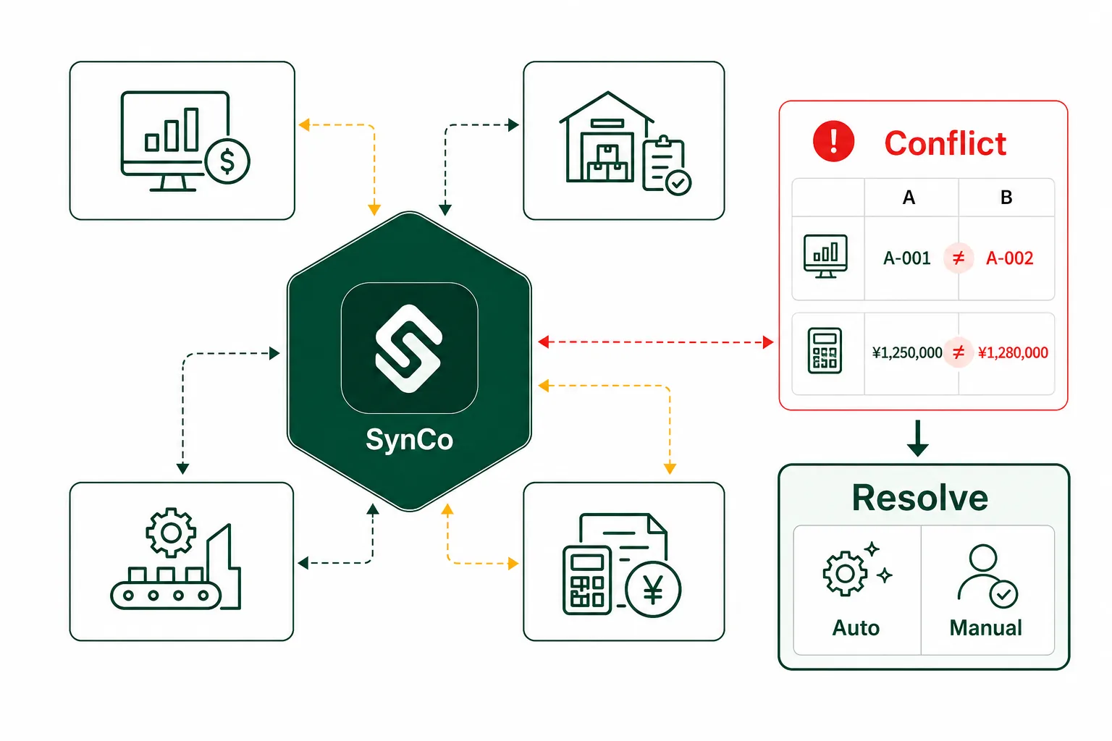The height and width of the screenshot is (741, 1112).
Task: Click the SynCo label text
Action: tap(410, 440)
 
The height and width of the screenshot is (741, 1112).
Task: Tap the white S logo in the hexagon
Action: tap(409, 349)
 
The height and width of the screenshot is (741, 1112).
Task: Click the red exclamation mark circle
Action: tap(833, 141)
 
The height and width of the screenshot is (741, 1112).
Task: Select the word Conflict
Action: tap(945, 143)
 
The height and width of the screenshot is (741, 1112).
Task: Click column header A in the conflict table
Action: tap(909, 198)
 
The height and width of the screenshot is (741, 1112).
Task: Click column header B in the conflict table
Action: tap(1006, 198)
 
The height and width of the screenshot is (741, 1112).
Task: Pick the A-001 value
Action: tap(907, 258)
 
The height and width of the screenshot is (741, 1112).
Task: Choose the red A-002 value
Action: tap(1010, 258)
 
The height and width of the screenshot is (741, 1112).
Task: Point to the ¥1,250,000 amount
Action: tap(907, 352)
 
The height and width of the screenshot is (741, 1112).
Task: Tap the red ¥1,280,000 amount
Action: tap(1013, 352)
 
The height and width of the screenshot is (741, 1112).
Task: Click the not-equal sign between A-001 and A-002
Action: tap(959, 258)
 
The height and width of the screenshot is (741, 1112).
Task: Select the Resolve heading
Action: tap(920, 497)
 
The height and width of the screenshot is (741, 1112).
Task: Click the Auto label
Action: tap(856, 628)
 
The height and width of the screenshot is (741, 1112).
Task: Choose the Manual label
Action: tap(986, 628)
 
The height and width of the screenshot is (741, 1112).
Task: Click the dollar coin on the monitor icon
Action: tap(227, 161)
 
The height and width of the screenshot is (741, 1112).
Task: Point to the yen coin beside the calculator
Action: tap(653, 590)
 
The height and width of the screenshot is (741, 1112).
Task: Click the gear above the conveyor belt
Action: tap(171, 532)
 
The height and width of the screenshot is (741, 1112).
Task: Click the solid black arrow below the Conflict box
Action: tap(918, 439)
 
